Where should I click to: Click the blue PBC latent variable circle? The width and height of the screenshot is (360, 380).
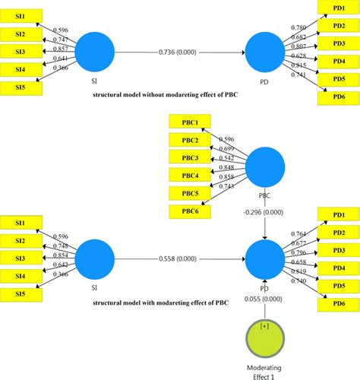(265, 167)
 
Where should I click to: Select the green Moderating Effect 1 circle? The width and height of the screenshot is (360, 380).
(264, 337)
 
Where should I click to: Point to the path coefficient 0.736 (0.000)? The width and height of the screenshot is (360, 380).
(178, 52)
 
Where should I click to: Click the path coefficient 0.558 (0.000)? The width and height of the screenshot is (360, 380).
(178, 259)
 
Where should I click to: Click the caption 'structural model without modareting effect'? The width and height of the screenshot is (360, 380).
(158, 97)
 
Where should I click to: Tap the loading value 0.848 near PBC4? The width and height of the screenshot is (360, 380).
(225, 168)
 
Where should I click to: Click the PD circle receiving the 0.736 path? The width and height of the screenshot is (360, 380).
(264, 52)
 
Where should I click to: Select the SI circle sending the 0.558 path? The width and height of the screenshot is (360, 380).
(95, 260)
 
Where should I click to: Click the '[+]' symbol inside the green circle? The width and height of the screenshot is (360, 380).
(264, 326)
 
